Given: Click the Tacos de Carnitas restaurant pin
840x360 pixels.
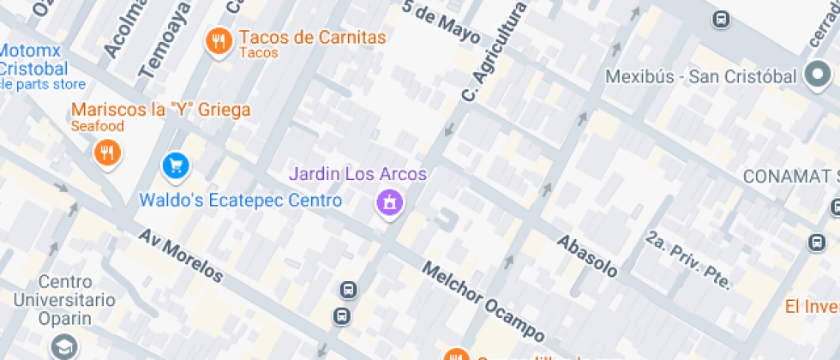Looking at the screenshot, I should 219,40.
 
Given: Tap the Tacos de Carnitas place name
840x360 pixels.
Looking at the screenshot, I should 312,38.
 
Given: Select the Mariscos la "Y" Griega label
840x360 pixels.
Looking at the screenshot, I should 161,110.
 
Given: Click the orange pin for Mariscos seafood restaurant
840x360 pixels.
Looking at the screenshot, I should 107,153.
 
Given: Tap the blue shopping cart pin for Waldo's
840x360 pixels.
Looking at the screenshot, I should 176,165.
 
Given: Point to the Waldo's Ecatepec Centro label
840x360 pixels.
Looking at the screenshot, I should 240,201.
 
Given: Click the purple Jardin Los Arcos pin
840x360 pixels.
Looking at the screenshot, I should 390,203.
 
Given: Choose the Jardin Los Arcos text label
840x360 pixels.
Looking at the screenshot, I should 357,174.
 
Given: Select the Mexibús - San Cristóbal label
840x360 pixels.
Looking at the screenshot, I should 701,76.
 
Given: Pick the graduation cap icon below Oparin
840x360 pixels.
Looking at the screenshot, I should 63,346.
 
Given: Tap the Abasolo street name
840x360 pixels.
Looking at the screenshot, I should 587,255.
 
